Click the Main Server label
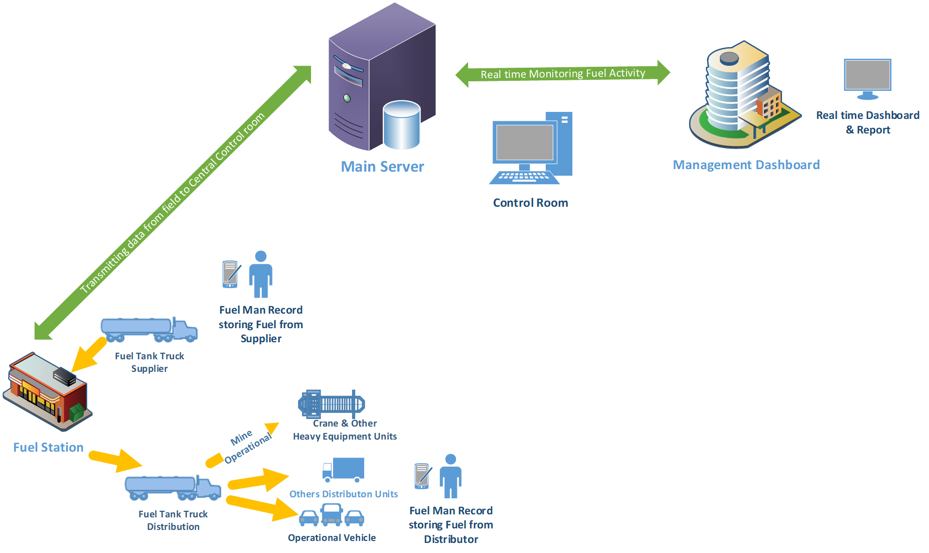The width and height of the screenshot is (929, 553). [382, 167]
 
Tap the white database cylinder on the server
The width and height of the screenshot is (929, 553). [401, 125]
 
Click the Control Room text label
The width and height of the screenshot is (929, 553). [530, 203]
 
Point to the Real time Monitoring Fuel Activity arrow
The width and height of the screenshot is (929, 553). [562, 74]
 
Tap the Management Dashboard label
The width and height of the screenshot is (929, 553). [746, 165]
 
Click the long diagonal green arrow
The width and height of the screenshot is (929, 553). [173, 203]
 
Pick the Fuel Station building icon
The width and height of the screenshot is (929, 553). [48, 391]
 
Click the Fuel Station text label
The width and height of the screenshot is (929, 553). [48, 447]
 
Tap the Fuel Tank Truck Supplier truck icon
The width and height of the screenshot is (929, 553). [149, 330]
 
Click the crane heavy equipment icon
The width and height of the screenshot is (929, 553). [332, 403]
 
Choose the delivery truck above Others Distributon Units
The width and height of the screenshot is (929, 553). [344, 470]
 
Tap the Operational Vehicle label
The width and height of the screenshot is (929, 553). [332, 537]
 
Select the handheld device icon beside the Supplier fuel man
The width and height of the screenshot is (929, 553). [231, 274]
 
